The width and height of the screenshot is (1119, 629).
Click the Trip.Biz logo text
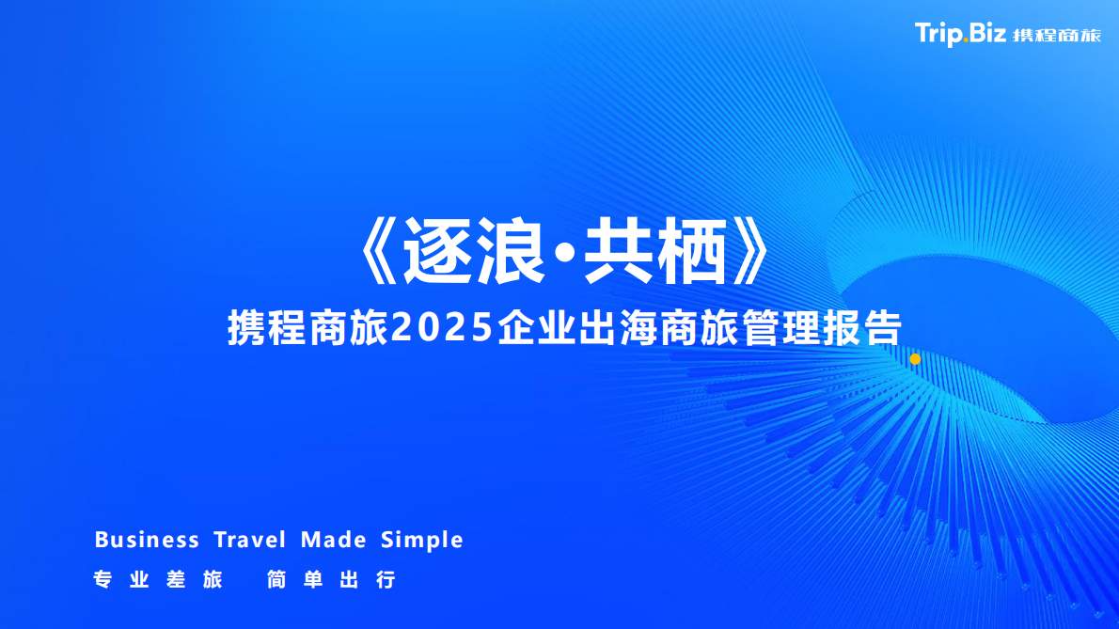(961, 35)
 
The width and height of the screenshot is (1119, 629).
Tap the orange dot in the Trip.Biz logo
(966, 42)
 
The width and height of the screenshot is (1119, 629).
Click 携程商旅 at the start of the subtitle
(308, 328)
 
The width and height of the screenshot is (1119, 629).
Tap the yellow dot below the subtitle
(915, 359)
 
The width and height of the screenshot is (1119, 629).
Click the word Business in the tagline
(147, 540)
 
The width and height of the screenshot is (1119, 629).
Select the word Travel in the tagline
(249, 540)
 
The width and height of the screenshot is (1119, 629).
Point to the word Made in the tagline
(333, 540)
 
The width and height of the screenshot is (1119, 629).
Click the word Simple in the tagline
(422, 541)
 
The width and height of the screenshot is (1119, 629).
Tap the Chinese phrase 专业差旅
(158, 579)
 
